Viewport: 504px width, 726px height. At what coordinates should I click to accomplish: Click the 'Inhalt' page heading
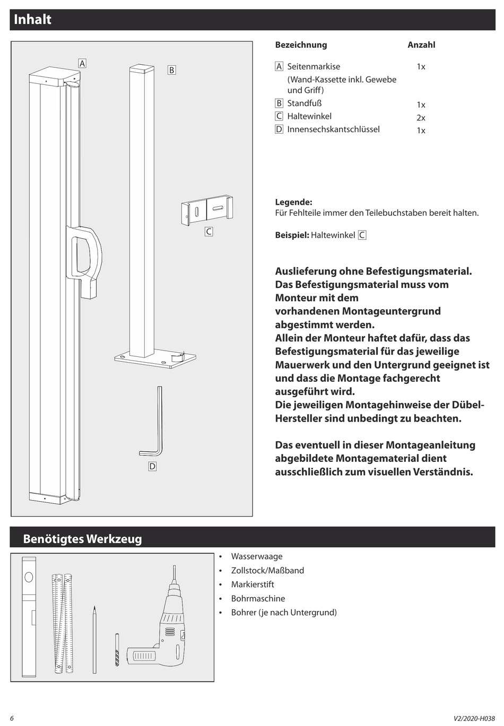click(32, 20)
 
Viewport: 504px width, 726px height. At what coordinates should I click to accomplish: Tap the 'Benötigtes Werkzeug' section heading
click(82, 539)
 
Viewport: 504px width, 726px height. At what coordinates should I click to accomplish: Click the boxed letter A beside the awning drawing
click(82, 63)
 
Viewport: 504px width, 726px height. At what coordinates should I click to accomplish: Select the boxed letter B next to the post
click(171, 70)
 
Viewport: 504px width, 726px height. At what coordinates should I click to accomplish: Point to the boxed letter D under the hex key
click(152, 466)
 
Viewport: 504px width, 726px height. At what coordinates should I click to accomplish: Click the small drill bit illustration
click(117, 649)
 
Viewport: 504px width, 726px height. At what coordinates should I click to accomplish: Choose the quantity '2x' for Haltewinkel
click(421, 118)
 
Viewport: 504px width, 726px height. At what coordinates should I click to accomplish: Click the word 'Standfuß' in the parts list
click(304, 103)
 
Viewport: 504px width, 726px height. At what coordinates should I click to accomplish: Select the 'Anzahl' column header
click(421, 45)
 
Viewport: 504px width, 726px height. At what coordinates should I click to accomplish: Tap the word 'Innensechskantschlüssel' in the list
click(333, 129)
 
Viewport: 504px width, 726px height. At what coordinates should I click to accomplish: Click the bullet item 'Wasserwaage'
click(256, 556)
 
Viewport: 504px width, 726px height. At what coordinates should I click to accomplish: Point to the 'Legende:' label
click(293, 202)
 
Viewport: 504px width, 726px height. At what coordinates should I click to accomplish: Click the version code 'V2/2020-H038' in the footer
click(474, 719)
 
